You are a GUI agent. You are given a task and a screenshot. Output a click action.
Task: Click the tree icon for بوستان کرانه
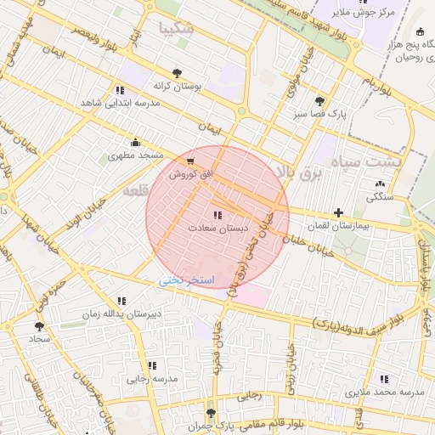[176, 73]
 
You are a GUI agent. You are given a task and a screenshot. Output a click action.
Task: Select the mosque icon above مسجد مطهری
[134, 143]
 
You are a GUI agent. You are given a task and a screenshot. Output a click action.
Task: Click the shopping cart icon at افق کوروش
[189, 160]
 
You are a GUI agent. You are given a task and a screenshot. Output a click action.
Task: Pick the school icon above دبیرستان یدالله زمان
[122, 301]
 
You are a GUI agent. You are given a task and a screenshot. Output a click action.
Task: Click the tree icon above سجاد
[39, 325]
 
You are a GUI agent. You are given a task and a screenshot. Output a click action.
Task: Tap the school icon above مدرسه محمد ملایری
[384, 379]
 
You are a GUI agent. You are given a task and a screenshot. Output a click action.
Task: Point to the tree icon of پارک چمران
[211, 412]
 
